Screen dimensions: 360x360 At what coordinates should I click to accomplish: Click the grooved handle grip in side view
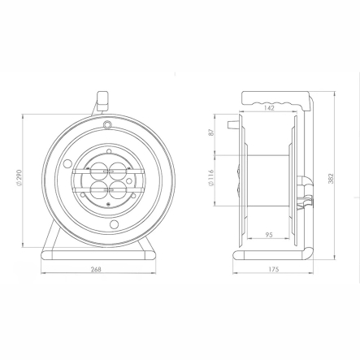275,103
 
